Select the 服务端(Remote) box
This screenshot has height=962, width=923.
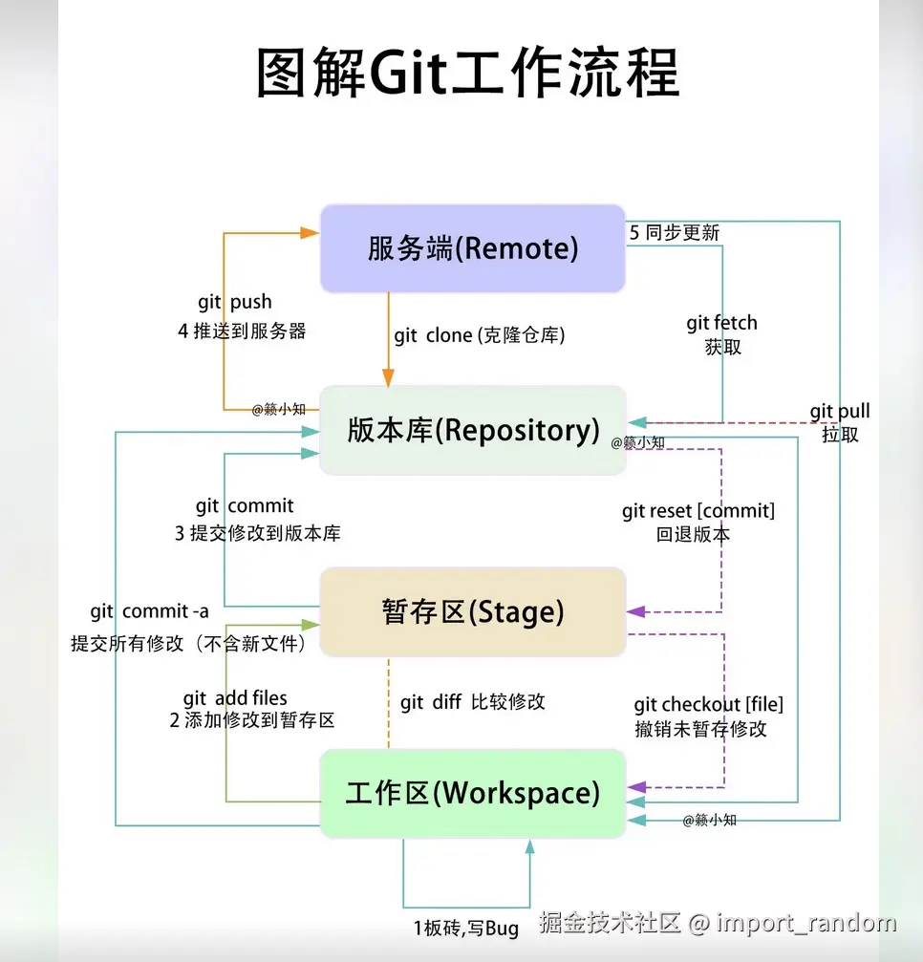472,248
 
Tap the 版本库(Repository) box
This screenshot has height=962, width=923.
472,430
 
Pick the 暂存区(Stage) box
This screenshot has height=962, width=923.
472,611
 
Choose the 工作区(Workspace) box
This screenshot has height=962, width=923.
472,793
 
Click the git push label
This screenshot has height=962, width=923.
235,302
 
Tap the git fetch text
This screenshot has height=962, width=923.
721,323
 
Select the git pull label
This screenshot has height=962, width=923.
840,412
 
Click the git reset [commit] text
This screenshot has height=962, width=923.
698,511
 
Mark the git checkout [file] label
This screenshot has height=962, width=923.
708,705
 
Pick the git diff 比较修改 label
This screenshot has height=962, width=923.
473,701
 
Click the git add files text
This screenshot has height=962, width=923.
235,698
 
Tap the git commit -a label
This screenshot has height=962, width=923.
149,611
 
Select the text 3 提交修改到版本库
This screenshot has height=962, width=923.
257,533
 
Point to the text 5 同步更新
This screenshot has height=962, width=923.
675,232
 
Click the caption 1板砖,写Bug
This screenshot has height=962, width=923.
466,928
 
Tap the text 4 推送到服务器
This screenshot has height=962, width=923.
242,331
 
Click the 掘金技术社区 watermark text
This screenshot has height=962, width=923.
609,923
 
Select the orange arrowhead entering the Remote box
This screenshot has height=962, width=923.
309,232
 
